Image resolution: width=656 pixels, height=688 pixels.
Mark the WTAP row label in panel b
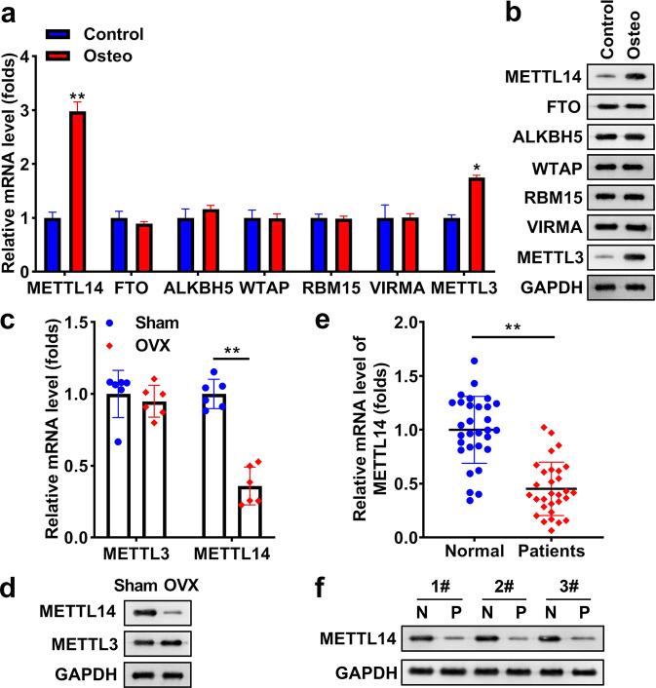(x=552, y=194)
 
